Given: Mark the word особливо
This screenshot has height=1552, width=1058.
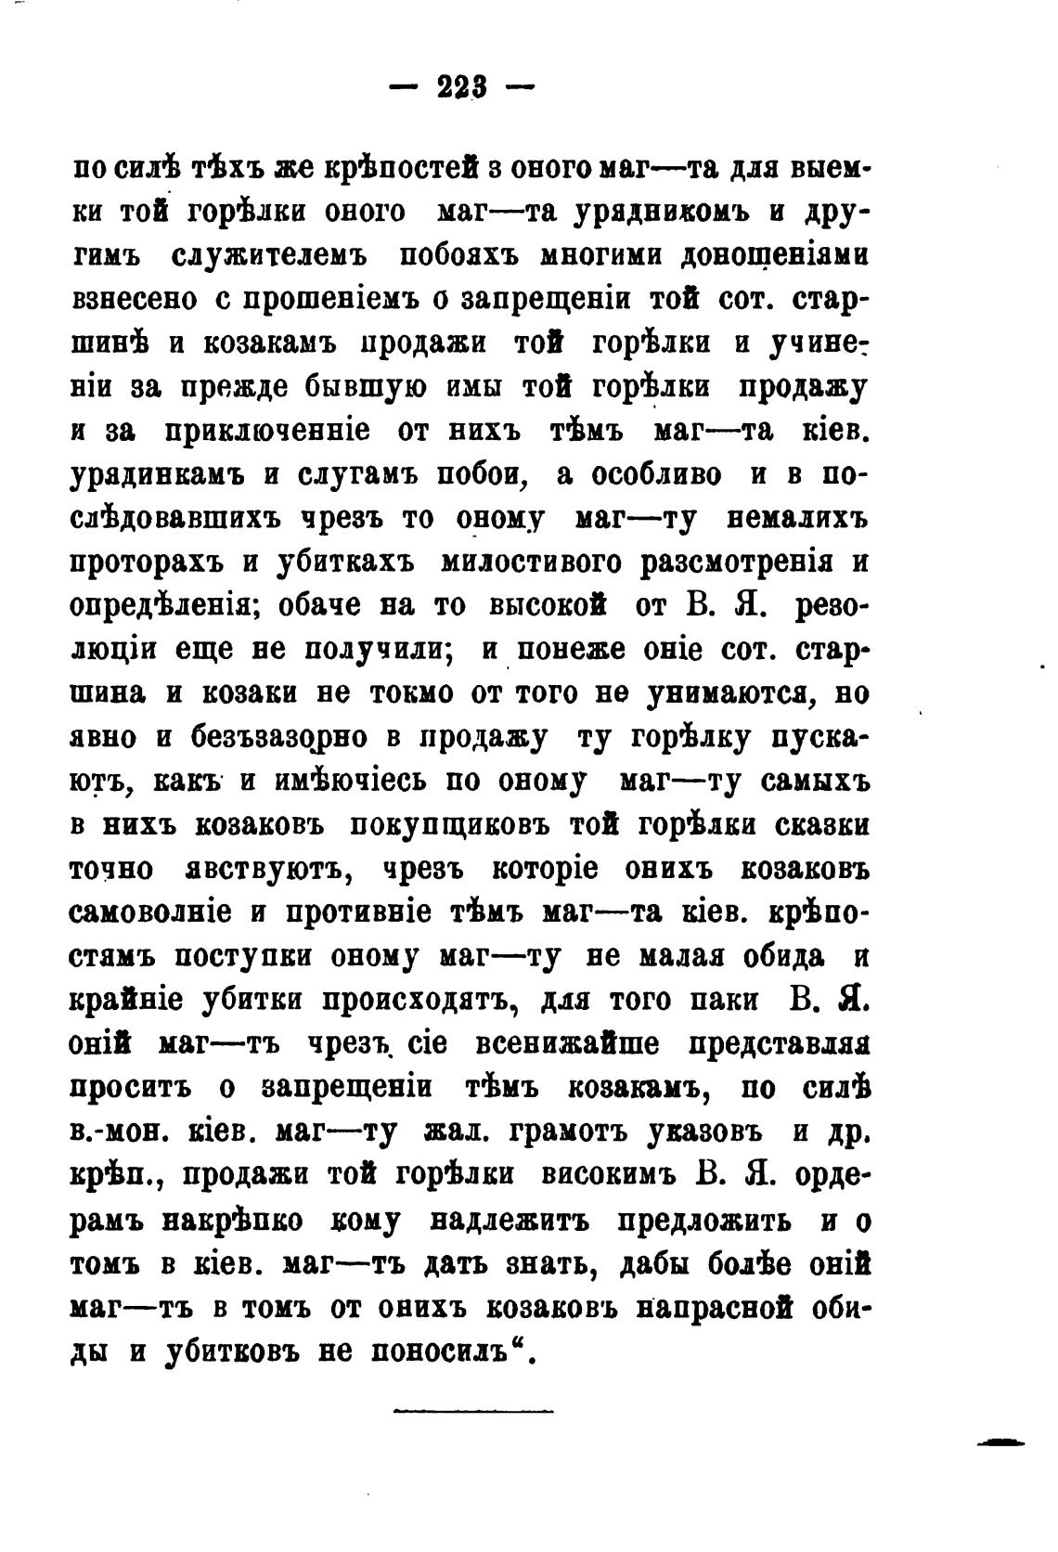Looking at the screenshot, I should (x=652, y=474).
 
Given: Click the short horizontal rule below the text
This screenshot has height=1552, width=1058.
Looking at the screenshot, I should (x=473, y=1412).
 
